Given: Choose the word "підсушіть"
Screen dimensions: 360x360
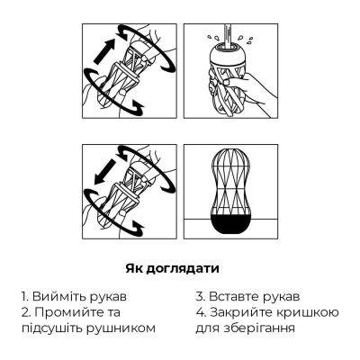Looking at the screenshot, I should [54, 328].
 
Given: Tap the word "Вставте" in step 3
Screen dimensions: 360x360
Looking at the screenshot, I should [235, 295].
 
